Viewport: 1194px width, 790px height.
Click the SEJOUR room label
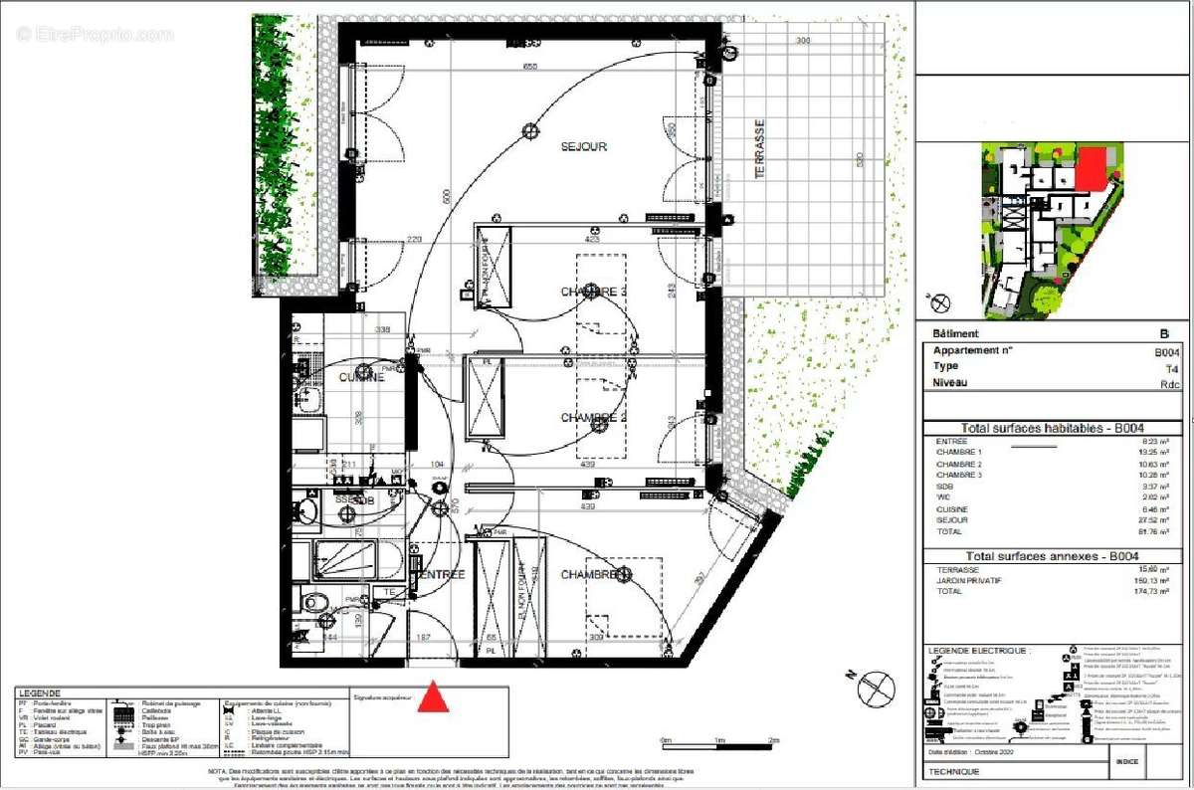(x=583, y=146)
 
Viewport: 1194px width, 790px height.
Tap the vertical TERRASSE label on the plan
(x=760, y=149)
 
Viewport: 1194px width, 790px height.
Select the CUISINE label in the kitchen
(x=361, y=378)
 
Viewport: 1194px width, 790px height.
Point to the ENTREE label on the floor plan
(x=441, y=575)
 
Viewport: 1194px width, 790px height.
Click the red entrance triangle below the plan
(x=432, y=697)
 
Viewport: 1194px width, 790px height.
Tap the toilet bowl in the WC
(x=314, y=602)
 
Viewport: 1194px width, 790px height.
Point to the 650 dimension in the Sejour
(x=530, y=67)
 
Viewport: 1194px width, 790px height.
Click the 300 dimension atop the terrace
(x=802, y=41)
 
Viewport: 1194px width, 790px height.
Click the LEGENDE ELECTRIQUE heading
(x=977, y=650)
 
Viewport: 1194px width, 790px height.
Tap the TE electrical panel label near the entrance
(x=391, y=592)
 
